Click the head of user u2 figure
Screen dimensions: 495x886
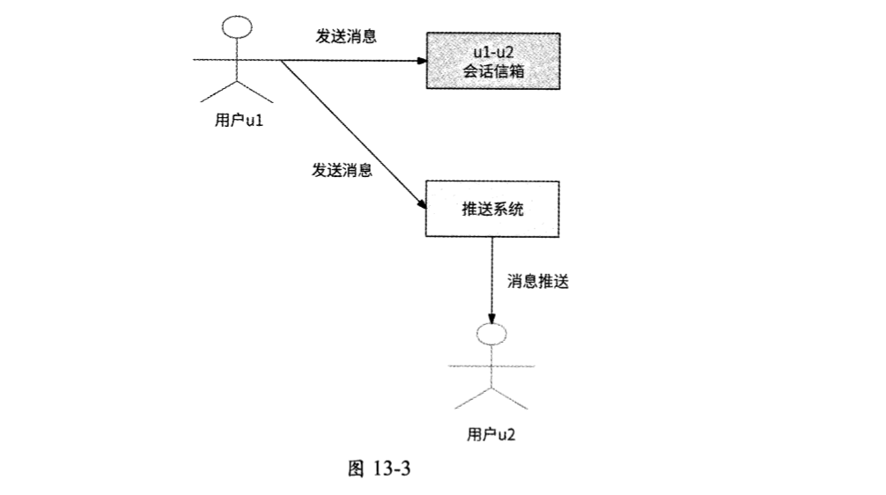click(x=490, y=335)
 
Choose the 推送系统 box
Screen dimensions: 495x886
click(x=491, y=209)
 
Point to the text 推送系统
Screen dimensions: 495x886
click(x=491, y=209)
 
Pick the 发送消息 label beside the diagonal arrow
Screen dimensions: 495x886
click(x=342, y=170)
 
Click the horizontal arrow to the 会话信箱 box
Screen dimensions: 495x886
click(x=352, y=61)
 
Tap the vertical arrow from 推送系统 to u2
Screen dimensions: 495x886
click(x=491, y=277)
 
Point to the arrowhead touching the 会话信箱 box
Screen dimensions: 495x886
click(x=421, y=61)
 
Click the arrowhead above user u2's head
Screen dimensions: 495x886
click(x=491, y=318)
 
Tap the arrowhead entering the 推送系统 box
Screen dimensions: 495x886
click(x=419, y=202)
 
